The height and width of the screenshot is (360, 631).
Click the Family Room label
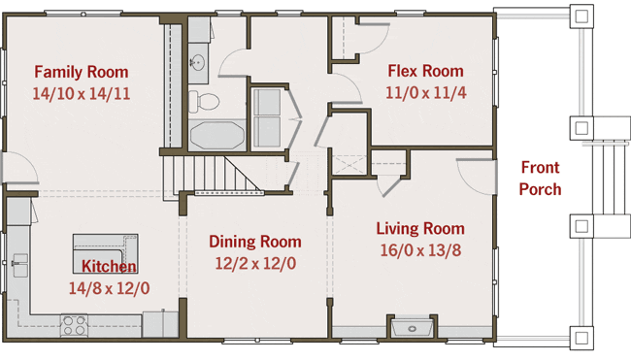(82, 72)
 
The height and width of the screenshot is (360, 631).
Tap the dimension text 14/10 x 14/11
(82, 94)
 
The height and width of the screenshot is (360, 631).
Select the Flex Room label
(425, 71)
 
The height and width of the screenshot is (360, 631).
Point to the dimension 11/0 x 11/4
(426, 92)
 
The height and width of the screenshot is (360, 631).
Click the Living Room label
(420, 228)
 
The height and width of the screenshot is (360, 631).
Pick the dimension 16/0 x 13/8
(420, 250)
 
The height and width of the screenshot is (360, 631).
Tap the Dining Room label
(255, 242)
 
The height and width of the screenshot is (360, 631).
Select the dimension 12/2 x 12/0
(255, 264)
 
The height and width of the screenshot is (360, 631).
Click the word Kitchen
(109, 266)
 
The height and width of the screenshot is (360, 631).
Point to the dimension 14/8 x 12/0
(109, 288)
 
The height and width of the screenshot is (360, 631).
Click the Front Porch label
(540, 179)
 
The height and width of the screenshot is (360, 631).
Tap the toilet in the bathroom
(204, 101)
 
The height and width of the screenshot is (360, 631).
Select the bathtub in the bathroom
(217, 135)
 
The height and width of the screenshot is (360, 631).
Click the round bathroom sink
(197, 63)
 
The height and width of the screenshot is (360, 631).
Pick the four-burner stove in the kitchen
(74, 325)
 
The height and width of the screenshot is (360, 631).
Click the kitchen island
(106, 253)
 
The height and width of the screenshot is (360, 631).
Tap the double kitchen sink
(19, 265)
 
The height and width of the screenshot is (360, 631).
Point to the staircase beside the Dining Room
(214, 174)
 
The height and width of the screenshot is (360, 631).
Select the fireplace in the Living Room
(412, 326)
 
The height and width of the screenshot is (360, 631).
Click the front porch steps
(609, 178)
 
